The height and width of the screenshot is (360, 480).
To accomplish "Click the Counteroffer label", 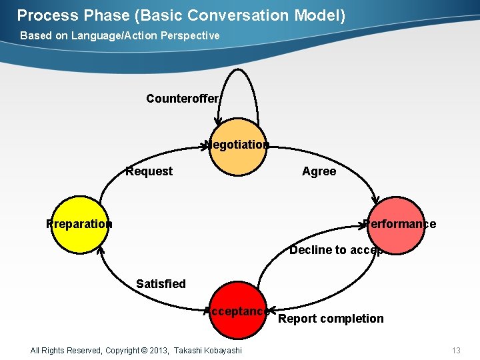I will (x=182, y=99).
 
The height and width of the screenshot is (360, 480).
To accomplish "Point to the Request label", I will (x=149, y=171).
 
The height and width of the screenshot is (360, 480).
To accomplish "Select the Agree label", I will (x=319, y=171).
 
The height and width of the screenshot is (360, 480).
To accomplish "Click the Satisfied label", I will (x=161, y=284).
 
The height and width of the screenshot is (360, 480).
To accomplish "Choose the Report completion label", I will (x=331, y=319).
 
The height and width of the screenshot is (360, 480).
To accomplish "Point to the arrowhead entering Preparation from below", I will (x=100, y=251).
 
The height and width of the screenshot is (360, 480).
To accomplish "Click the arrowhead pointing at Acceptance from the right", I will (x=271, y=311).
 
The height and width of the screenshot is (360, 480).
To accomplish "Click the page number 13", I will (x=456, y=351).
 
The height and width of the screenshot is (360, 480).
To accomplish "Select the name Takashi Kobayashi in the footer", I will (x=208, y=351).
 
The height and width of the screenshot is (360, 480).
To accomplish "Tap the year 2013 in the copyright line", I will (x=158, y=351).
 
